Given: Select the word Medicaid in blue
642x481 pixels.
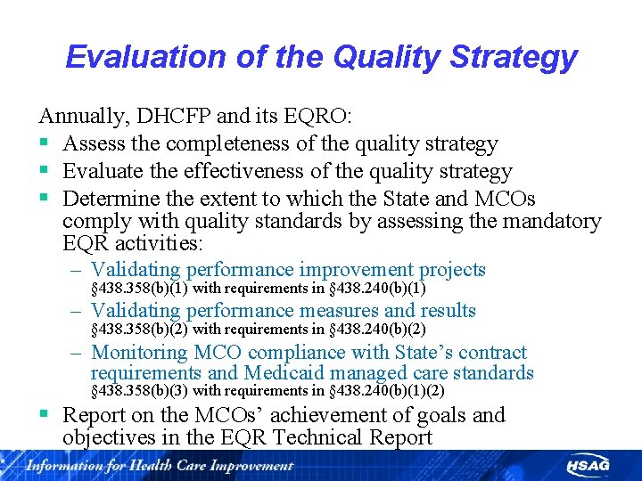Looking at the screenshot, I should pyautogui.click(x=280, y=373).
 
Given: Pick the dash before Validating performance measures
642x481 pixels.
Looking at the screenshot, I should pyautogui.click(x=78, y=311).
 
